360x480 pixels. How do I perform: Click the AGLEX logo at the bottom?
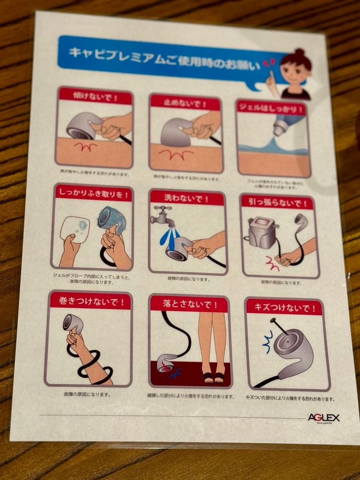[x=324, y=417]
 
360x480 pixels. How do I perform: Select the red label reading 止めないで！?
[x=185, y=103]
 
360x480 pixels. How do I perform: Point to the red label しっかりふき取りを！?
[x=93, y=193]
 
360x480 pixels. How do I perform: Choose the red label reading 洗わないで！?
[x=186, y=198]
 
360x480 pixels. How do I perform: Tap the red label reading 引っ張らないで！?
[x=277, y=203]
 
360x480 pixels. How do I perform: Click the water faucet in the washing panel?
[x=163, y=216]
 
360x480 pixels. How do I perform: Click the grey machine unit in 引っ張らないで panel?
[x=263, y=232]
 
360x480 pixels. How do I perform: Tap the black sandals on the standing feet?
[x=214, y=377]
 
